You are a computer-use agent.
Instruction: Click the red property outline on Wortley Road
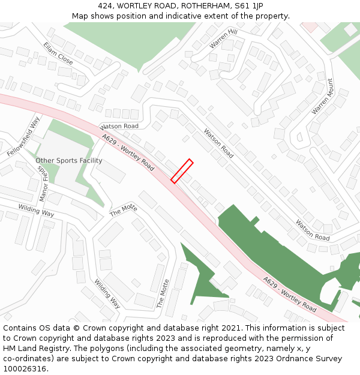pos(182,170)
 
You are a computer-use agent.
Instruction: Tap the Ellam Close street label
pos(58,54)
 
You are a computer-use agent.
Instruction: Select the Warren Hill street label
pos(223,38)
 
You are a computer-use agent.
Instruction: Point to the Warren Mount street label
pos(322,97)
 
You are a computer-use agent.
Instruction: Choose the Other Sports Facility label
pos(68,161)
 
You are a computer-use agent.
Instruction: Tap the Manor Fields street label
pos(43,183)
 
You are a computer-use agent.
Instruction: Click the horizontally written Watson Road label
pos(119,127)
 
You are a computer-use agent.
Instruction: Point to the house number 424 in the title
pos(105,6)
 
